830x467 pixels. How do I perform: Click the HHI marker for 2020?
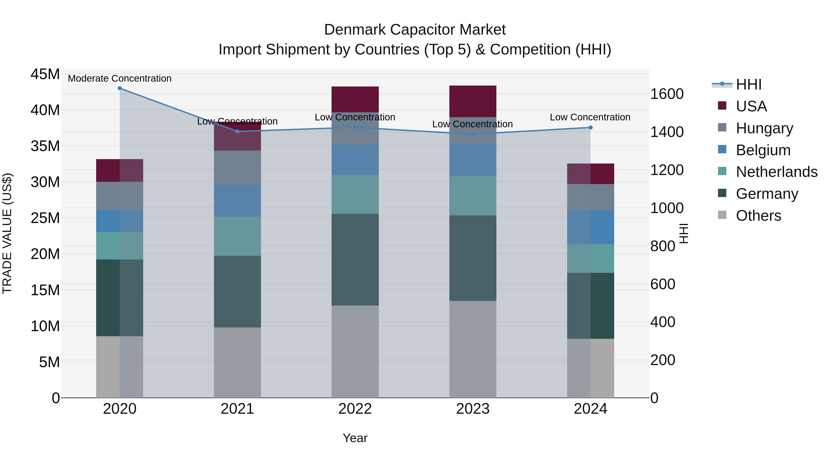119,88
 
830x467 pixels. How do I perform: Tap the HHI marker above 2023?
473,134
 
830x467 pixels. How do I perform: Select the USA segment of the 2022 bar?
355,99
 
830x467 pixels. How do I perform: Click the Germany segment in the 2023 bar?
473,258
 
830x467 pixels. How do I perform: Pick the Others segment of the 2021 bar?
237,362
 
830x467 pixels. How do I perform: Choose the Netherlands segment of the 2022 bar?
355,194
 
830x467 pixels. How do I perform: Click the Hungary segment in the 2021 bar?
237,168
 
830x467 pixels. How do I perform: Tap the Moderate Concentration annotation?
119,78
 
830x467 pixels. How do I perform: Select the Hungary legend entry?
764,128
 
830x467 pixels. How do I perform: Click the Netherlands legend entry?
776,172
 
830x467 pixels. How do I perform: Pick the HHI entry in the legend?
748,84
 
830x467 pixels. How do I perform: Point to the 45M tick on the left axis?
45,74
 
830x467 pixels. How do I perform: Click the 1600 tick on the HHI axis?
667,94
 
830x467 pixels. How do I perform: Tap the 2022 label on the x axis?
355,409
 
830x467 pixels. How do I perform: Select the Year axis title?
355,438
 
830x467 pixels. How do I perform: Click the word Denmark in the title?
354,30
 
